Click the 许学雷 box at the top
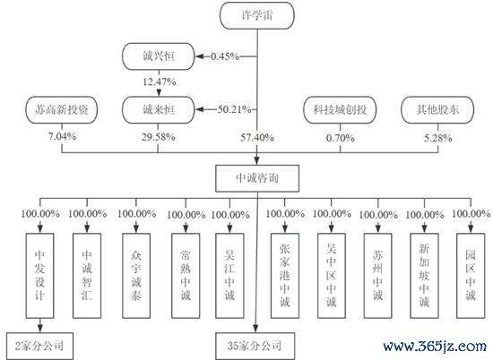coord(257,15)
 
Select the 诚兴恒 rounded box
coord(158,56)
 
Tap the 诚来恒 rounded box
coord(158,109)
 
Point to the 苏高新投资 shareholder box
coord(62,109)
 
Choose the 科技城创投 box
coord(340,109)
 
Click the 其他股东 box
coord(437,109)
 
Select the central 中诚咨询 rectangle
coord(257,178)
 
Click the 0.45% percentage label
coord(225,56)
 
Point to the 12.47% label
coord(159,82)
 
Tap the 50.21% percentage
coord(235,109)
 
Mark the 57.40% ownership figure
coord(257,138)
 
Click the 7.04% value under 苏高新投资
coord(62,137)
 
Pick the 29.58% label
coord(158,137)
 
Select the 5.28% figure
coord(438,138)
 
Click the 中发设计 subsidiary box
coord(40,276)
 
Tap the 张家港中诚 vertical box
coord(285,276)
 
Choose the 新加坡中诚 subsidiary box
coord(424,276)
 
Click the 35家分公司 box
coord(255,346)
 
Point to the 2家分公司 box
coord(39,346)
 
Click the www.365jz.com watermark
coord(435,347)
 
